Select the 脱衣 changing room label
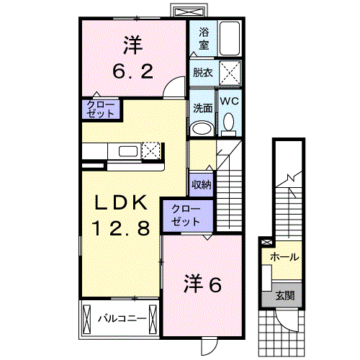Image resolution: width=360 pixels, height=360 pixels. pos(202,73)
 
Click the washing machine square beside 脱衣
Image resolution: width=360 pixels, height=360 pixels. pos(229,73)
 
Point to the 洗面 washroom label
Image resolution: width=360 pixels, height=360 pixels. pos(202,107)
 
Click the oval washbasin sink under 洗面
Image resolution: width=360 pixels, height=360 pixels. pos(202,128)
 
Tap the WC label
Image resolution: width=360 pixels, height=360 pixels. pos(229,102)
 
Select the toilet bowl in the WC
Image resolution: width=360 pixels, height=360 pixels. pos(229,125)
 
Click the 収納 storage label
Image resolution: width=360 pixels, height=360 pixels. pos(201,184)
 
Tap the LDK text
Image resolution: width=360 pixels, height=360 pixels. pos(120,202)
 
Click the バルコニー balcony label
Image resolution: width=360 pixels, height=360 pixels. pos(122,318)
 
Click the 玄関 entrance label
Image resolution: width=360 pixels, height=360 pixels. pos(285,295)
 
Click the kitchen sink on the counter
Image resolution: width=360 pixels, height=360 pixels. pos(127,151)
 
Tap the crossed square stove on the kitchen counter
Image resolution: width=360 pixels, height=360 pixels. pos(151,150)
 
